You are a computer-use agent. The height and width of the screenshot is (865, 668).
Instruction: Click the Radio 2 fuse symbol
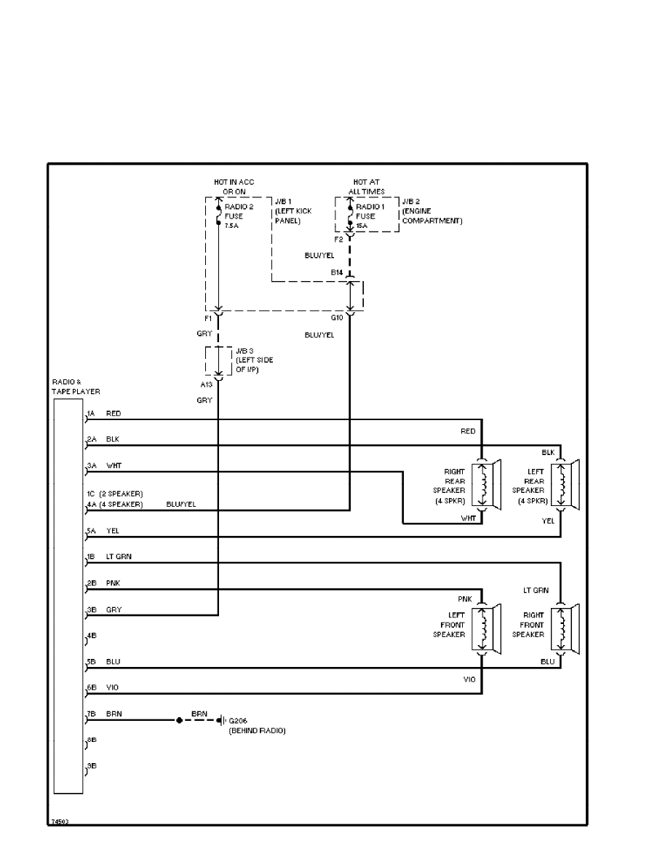tap(218, 216)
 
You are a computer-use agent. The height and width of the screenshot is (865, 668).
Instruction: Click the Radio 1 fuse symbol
tap(350, 216)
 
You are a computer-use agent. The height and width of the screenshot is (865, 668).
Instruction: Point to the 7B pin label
tap(92, 715)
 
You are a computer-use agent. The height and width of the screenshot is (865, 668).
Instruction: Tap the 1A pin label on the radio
tap(91, 414)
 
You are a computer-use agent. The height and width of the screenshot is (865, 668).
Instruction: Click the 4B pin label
tap(92, 636)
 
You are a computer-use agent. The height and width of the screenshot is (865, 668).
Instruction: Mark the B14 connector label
tap(336, 272)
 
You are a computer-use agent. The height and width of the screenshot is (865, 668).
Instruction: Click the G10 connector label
tap(336, 317)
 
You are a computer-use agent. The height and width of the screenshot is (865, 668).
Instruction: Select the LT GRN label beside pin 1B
tap(119, 557)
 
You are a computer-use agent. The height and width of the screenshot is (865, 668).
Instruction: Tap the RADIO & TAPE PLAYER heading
tap(76, 386)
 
